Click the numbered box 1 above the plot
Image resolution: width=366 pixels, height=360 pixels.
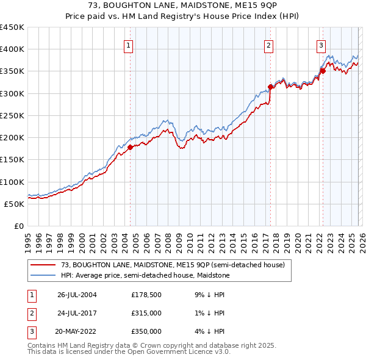tap(129, 44)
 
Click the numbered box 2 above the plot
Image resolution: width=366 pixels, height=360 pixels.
tap(269, 44)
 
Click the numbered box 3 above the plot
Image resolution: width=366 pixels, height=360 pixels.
tap(321, 44)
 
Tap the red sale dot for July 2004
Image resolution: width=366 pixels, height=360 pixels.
tap(130, 147)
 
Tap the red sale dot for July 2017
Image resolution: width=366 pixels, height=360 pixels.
tap(270, 87)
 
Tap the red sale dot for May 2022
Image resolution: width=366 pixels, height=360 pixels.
tap(322, 71)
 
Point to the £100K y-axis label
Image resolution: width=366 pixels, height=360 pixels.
tap(12, 182)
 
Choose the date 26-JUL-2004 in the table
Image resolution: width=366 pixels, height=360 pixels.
tap(77, 295)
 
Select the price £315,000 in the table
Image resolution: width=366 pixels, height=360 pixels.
tap(146, 313)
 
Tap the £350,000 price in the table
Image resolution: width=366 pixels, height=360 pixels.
tap(146, 331)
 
